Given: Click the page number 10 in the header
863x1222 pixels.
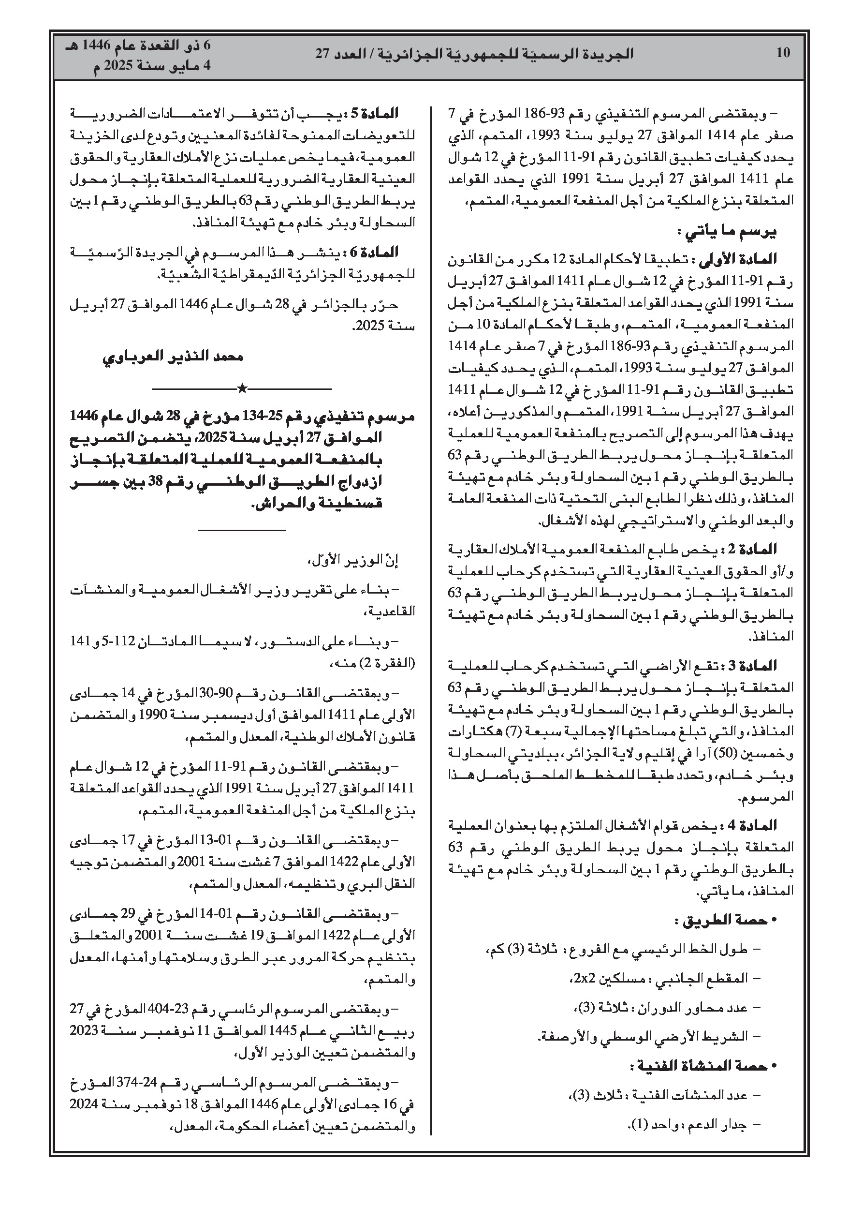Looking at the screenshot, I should (x=783, y=53).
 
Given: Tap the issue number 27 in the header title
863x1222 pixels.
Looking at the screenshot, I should (x=322, y=54).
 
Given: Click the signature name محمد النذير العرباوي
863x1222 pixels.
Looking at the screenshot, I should (x=173, y=357).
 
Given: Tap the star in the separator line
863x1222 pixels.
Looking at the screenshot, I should (x=242, y=388).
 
